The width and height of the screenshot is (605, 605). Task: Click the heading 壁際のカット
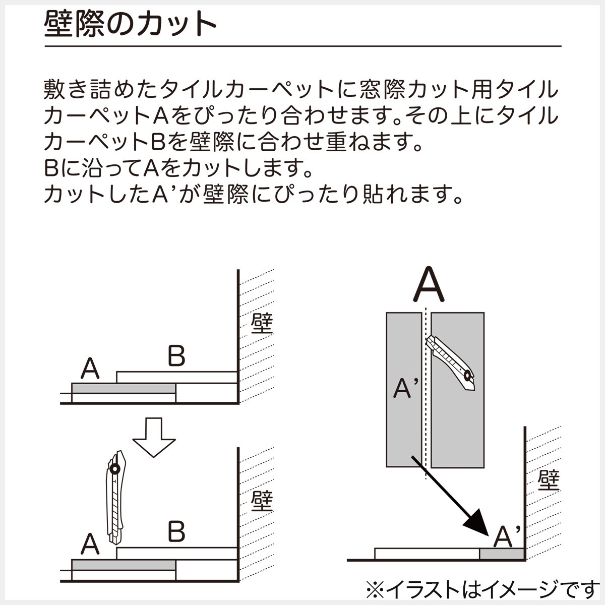click(130, 24)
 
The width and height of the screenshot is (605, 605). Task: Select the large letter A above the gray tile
click(429, 285)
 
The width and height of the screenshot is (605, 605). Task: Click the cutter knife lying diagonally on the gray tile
click(450, 362)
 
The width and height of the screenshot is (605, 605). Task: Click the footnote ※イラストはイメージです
click(481, 588)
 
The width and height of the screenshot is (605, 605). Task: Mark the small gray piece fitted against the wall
click(502, 555)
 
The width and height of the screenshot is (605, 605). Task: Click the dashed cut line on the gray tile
click(427, 393)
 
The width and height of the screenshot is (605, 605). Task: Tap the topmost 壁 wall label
click(262, 324)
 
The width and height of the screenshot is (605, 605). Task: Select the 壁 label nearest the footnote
click(549, 480)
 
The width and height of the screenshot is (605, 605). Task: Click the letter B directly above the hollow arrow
click(176, 356)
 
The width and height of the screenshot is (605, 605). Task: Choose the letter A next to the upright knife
click(90, 544)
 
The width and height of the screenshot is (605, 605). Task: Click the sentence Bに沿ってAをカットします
click(179, 168)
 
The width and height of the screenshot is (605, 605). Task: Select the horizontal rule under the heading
click(302, 46)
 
